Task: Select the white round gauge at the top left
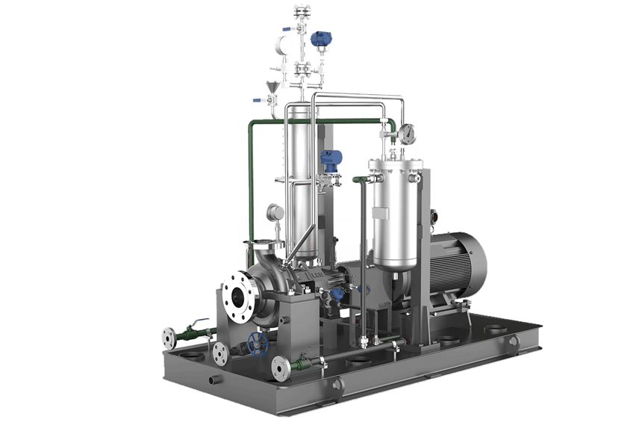point(284,43)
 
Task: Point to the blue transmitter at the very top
point(322,39)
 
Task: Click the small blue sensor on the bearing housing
point(338,295)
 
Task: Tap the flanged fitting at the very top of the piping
point(301,10)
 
